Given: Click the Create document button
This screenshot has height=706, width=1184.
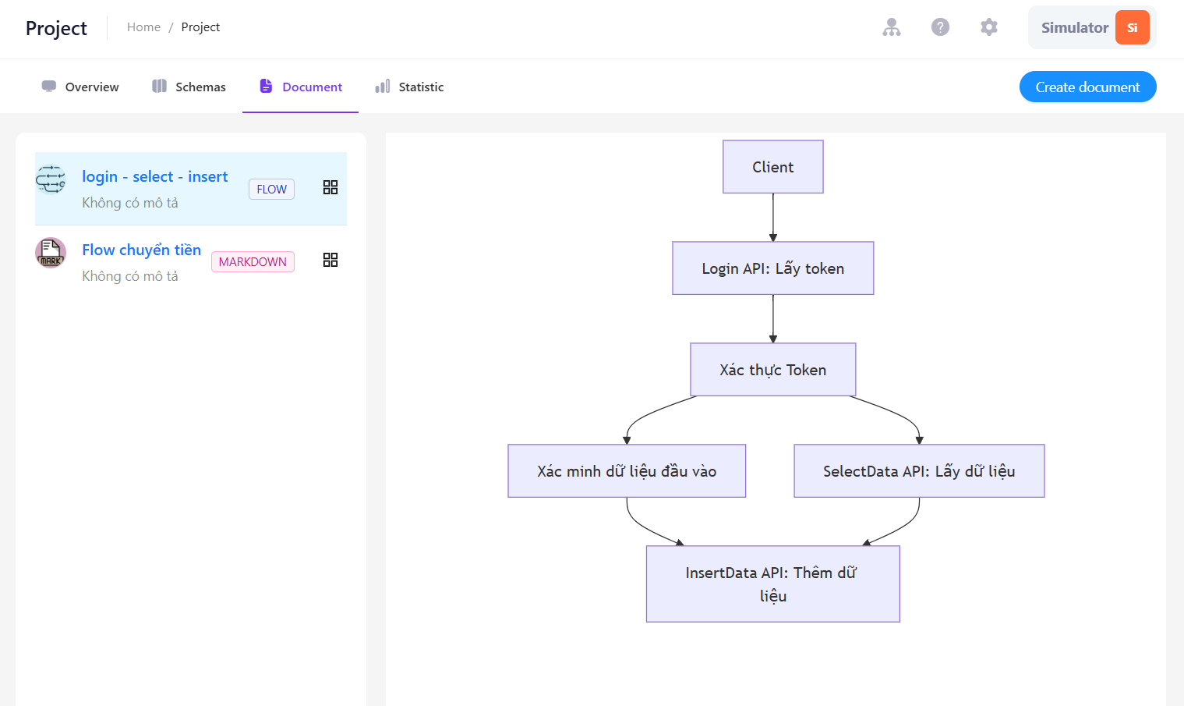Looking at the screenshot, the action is click(1087, 87).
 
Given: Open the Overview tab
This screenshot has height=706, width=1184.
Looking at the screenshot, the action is click(80, 87).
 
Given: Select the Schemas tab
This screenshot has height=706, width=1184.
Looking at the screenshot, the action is click(189, 87).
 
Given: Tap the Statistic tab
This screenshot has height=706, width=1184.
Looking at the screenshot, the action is click(409, 87).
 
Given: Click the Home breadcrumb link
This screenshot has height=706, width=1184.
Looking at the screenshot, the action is click(143, 27).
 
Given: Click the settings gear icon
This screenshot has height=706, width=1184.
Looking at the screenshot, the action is click(988, 27).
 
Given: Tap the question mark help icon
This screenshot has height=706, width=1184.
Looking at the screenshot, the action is click(940, 27).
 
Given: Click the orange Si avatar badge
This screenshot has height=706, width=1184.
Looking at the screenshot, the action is click(1133, 27).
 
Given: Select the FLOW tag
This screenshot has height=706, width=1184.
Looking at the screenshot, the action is click(272, 189).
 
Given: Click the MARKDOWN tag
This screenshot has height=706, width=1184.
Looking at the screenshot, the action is click(253, 262).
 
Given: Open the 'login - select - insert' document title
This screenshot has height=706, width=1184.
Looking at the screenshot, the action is click(155, 176).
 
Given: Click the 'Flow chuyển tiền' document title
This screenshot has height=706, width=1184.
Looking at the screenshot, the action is click(142, 250).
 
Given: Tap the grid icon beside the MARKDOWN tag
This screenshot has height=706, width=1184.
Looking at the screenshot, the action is click(330, 260).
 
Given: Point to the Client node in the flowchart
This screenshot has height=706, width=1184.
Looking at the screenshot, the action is click(772, 167).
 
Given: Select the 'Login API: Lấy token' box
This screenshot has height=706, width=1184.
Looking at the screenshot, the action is click(772, 268).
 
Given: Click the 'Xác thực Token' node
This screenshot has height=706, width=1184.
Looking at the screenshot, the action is click(772, 370).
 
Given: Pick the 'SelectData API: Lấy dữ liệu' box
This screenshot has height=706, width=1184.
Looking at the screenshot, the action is click(919, 471).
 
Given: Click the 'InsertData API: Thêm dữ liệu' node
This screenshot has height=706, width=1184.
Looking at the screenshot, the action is click(772, 584).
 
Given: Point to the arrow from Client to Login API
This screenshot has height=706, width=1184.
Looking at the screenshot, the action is click(772, 218).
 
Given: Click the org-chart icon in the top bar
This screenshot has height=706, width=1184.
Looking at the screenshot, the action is click(891, 27).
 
